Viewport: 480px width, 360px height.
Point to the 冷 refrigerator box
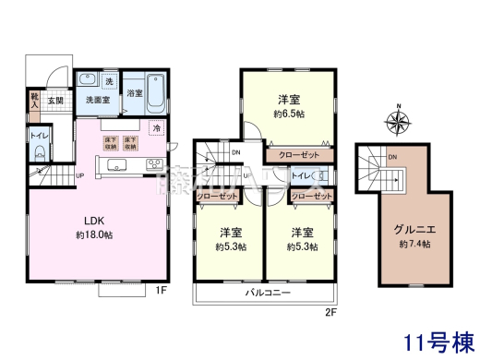coord(157,127)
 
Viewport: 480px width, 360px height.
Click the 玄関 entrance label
coord(55,100)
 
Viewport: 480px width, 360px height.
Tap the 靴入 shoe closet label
coord(34,100)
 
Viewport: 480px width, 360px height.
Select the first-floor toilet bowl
coord(38,154)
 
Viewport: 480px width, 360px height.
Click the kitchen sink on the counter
coord(119,165)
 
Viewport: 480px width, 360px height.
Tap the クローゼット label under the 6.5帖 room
coord(297,156)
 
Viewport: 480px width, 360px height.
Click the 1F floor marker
coord(160,292)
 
